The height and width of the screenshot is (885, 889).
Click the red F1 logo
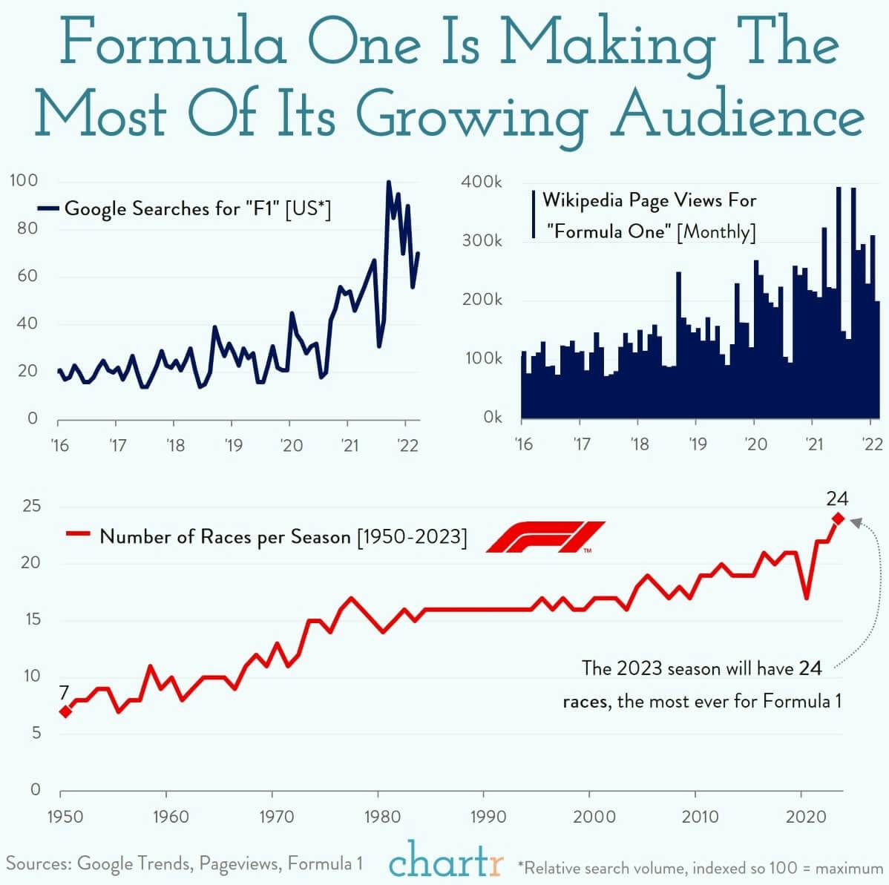(x=545, y=537)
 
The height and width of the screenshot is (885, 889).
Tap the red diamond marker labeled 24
(x=838, y=519)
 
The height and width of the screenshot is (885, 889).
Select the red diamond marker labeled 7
(x=65, y=711)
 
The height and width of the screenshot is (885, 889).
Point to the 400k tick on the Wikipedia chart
(x=482, y=182)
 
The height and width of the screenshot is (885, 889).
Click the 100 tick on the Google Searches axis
(x=23, y=181)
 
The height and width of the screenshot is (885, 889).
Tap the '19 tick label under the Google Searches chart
(x=233, y=445)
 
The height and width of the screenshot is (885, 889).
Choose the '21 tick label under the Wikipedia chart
(x=814, y=444)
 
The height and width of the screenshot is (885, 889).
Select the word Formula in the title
(x=171, y=42)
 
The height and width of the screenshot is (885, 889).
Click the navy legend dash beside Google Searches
(x=48, y=208)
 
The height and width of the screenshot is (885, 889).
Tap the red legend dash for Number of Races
(x=77, y=535)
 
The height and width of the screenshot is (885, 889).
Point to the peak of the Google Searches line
(x=388, y=182)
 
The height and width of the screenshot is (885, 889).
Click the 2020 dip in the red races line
(x=807, y=598)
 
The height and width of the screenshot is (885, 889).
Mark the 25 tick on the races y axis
(x=29, y=507)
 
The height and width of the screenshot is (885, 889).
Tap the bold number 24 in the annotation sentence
(x=810, y=668)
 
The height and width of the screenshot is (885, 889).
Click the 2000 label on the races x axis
(x=594, y=816)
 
